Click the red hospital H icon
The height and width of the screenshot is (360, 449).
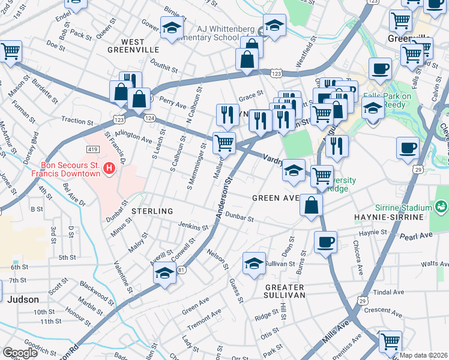(x=109, y=169)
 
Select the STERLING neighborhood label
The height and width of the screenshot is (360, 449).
(x=152, y=211)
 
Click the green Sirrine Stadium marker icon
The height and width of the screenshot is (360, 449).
(x=442, y=208)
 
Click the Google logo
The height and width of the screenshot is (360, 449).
(x=20, y=353)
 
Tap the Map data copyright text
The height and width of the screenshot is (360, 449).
(x=423, y=355)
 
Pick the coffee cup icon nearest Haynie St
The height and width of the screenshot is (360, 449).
(x=325, y=242)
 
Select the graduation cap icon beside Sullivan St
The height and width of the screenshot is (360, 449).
(x=254, y=263)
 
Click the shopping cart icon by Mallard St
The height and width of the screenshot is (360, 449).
(x=224, y=143)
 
